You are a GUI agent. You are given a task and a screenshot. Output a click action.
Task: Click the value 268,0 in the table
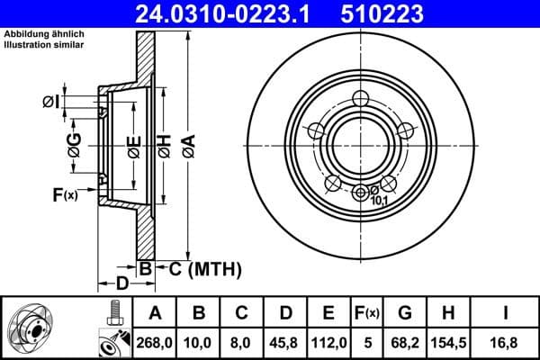click(155, 342)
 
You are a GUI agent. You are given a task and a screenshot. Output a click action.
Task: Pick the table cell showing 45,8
click(285, 342)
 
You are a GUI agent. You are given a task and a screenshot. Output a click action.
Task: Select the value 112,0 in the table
click(328, 342)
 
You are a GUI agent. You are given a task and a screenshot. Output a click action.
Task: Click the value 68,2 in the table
click(406, 342)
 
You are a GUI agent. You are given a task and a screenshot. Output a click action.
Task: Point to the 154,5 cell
click(449, 342)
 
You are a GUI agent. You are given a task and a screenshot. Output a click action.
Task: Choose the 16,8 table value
click(507, 342)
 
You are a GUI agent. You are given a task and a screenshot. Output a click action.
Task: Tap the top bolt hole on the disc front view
click(362, 98)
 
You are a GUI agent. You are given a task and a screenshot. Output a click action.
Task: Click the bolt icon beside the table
click(113, 316)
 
